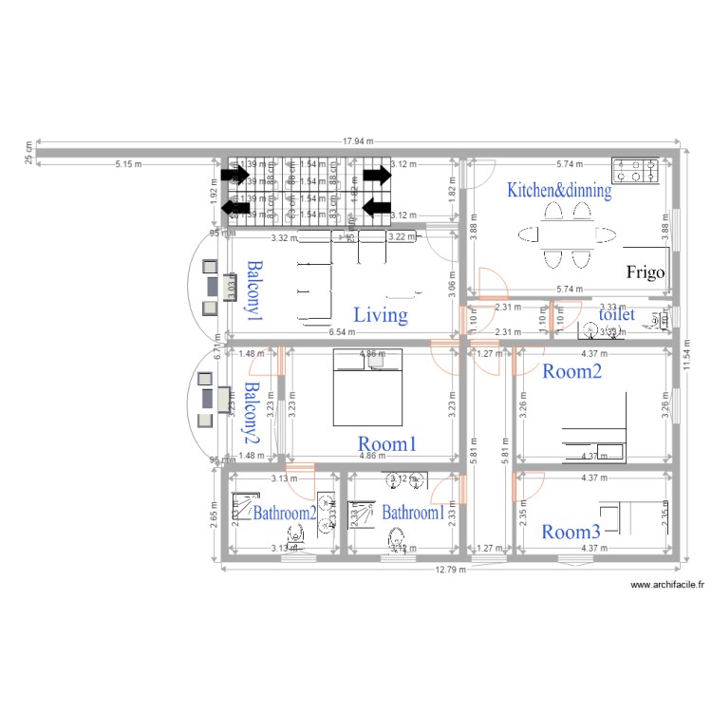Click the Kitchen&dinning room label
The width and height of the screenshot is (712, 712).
point(558,190)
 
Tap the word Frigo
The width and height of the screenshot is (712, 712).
point(646,272)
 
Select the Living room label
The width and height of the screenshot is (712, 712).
point(380,315)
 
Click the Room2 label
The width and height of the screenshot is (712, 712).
point(571,372)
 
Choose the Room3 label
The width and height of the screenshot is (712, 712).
point(571,532)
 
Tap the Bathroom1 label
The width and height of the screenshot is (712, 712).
point(413,513)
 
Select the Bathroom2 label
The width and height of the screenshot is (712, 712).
point(284,513)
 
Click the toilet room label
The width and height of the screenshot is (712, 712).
point(615,314)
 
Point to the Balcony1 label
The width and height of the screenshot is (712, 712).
point(253,289)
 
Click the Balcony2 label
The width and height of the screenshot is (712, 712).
point(252,413)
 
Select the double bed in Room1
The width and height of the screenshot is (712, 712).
point(367,387)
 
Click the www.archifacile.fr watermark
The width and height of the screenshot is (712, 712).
point(666,587)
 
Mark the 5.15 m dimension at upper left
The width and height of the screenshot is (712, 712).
point(128,163)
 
